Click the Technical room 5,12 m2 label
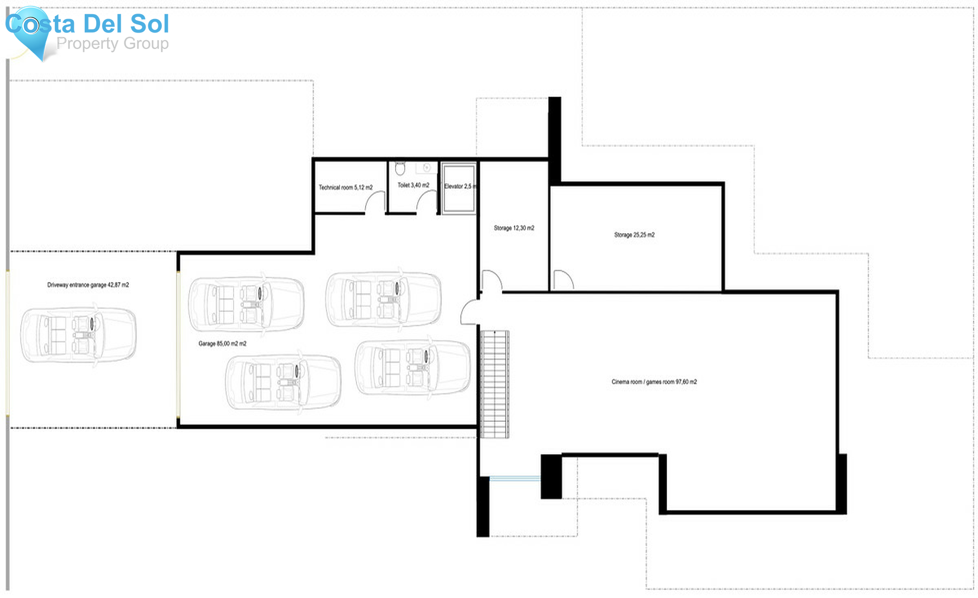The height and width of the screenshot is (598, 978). (346, 188)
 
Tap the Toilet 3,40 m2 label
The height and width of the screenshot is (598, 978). (413, 185)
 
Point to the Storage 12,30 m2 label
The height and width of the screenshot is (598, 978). (513, 228)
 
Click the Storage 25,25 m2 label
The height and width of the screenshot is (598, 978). (634, 235)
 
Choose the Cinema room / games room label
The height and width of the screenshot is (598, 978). (654, 382)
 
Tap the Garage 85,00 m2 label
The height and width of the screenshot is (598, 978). (222, 344)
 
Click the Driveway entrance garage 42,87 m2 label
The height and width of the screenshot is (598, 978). (88, 285)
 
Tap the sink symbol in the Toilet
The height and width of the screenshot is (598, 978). (427, 167)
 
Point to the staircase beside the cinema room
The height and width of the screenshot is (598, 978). (494, 384)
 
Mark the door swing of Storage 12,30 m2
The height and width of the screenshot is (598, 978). (492, 279)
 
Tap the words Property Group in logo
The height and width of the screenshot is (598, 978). (112, 43)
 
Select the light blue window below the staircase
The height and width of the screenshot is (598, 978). (515, 479)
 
